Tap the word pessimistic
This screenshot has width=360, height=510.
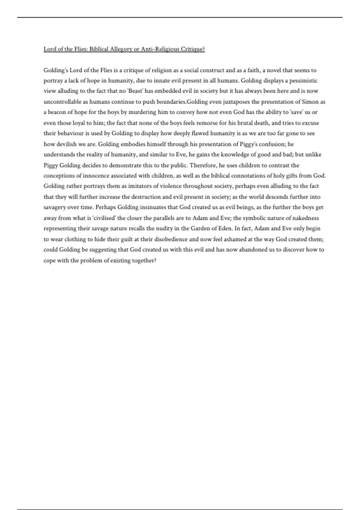(x=303, y=81)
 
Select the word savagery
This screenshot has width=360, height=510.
(x=55, y=207)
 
